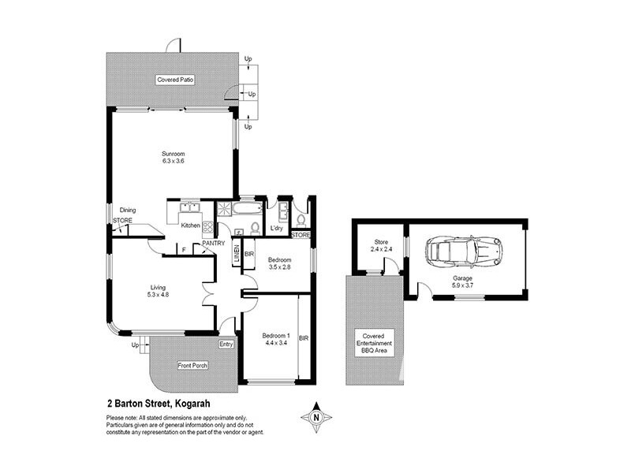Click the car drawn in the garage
(463, 253)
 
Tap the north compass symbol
(316, 416)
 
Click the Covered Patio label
(175, 80)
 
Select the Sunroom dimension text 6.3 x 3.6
(173, 162)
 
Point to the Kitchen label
(191, 226)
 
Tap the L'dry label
(276, 229)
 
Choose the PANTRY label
(214, 244)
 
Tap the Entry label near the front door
(226, 343)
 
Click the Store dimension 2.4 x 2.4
(381, 249)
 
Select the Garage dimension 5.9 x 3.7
(463, 286)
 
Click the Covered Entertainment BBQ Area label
(374, 344)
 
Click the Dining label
(128, 210)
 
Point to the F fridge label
(184, 250)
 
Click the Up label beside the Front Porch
(135, 345)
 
